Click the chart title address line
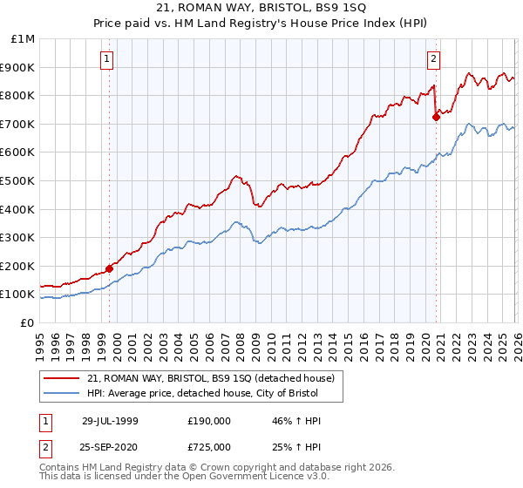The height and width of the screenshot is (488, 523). point(261,8)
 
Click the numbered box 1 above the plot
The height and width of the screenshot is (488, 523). point(106,59)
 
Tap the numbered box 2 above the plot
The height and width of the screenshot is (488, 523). point(432,59)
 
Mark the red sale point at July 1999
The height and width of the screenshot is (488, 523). point(110,268)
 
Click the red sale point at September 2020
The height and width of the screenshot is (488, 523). point(436,117)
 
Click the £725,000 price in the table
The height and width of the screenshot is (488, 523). point(209,446)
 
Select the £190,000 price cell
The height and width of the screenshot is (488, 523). point(209,421)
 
